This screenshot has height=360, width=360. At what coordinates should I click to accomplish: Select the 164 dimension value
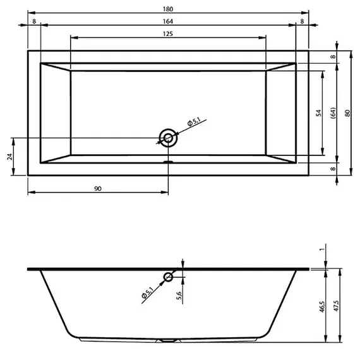pyautogui.click(x=168, y=20)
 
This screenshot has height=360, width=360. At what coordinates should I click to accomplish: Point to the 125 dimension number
pyautogui.click(x=168, y=33)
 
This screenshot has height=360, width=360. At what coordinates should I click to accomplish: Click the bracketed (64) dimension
pyautogui.click(x=332, y=113)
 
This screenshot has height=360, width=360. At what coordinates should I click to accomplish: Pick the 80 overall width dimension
pyautogui.click(x=347, y=113)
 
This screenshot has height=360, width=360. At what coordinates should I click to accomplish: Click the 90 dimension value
pyautogui.click(x=98, y=188)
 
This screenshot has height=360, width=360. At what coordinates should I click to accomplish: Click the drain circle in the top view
pyautogui.click(x=168, y=138)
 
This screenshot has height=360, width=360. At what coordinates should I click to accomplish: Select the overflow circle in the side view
pyautogui.click(x=169, y=277)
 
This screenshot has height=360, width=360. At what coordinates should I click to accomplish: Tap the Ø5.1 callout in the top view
pyautogui.click(x=194, y=121)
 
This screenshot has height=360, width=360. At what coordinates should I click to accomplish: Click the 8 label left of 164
pyautogui.click(x=33, y=20)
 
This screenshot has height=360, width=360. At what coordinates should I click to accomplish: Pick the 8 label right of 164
pyautogui.click(x=303, y=20)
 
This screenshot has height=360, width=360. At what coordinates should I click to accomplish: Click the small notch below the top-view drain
pyautogui.click(x=168, y=161)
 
